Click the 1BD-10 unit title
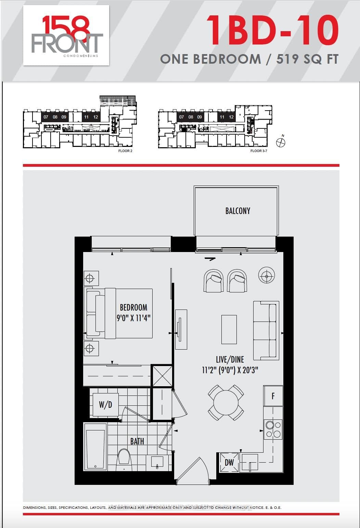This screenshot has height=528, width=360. click(272, 31)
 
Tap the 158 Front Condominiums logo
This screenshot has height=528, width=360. click(66, 35)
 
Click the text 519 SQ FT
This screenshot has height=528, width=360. click(307, 59)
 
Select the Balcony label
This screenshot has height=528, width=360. click(237, 211)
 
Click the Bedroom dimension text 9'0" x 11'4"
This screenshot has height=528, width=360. click(133, 318)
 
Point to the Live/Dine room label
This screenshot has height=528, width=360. click(230, 359)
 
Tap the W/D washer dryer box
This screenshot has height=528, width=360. click(105, 405)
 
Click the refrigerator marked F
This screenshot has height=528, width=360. click(273, 396)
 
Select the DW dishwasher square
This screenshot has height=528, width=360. click(229, 463)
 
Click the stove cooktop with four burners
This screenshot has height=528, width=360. click(273, 429)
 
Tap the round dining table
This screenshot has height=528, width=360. click(226, 403)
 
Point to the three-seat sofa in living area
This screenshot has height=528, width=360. click(266, 330)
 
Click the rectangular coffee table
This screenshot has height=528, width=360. click(229, 329)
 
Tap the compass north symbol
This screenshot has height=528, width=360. click(281, 142)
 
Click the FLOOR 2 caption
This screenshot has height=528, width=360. click(125, 151)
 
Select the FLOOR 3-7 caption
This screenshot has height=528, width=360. click(259, 151)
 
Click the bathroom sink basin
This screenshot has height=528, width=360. click(157, 462)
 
